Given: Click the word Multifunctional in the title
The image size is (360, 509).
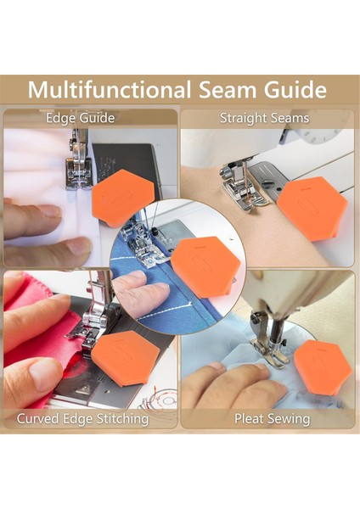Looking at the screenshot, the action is pyautogui.click(x=110, y=89).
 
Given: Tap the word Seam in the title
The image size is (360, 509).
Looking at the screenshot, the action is pyautogui.click(x=228, y=90).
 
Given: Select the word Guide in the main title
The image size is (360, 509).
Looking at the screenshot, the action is pyautogui.click(x=295, y=90).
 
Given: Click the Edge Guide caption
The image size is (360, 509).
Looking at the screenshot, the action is pyautogui.click(x=81, y=118).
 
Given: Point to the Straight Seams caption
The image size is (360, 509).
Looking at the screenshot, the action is pyautogui.click(x=264, y=118).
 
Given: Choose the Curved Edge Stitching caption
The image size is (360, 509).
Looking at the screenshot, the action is pyautogui.click(x=82, y=419).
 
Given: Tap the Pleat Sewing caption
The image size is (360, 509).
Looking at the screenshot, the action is pyautogui.click(x=273, y=419).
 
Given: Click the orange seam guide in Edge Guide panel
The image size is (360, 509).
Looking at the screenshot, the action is pyautogui.click(x=123, y=198).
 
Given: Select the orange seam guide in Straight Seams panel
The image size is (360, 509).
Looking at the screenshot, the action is pyautogui.click(x=312, y=209).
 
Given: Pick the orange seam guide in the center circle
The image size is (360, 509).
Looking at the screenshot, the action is pyautogui.click(x=205, y=266).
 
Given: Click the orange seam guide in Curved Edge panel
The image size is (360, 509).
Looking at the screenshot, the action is pyautogui.click(x=126, y=358).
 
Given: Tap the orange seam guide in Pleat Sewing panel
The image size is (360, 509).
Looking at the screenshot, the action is pyautogui.click(x=323, y=366).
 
